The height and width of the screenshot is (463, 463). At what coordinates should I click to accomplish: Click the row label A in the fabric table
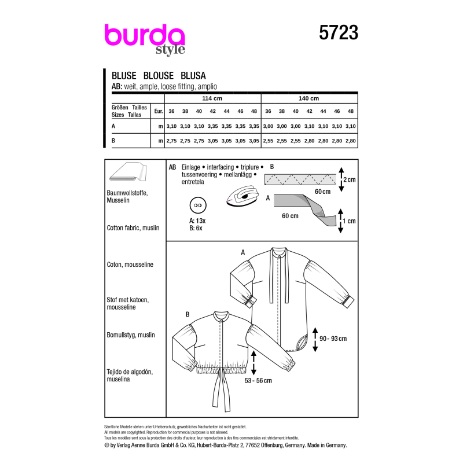(114, 124)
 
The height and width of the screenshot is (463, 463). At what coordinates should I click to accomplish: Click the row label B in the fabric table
(114, 141)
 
